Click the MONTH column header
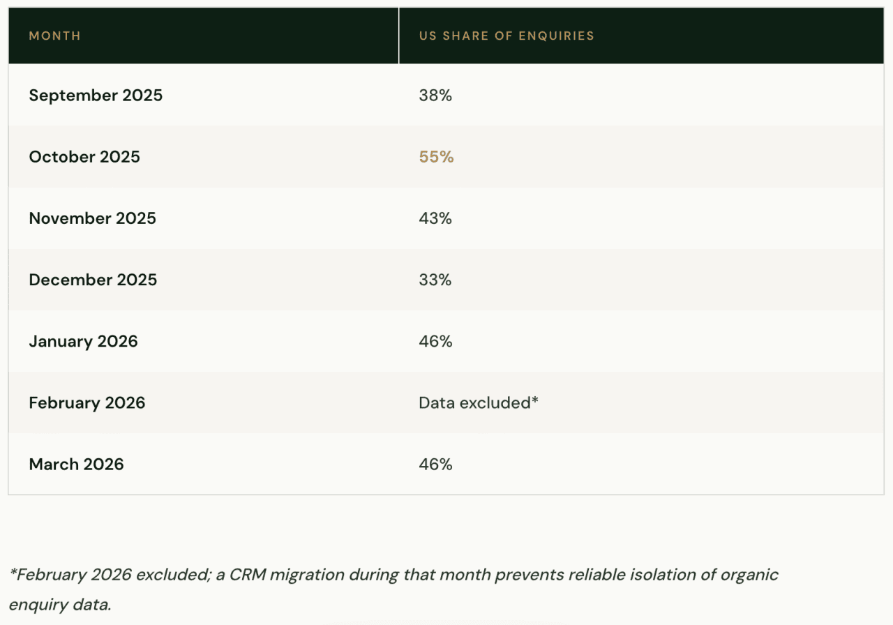coord(54,36)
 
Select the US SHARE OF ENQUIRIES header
coord(506,36)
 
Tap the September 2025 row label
coord(96,96)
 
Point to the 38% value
coord(435,96)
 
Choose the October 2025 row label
coord(84,157)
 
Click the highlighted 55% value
coord(436,157)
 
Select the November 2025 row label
coord(92,218)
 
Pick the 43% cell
coord(435,218)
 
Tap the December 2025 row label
coord(93,280)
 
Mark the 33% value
coord(435,280)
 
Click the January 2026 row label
coord(83,341)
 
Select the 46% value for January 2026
coord(435,341)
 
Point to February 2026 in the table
coord(87,402)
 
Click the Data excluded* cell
coord(479,402)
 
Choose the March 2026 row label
coord(76,464)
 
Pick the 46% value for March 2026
coord(435,464)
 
